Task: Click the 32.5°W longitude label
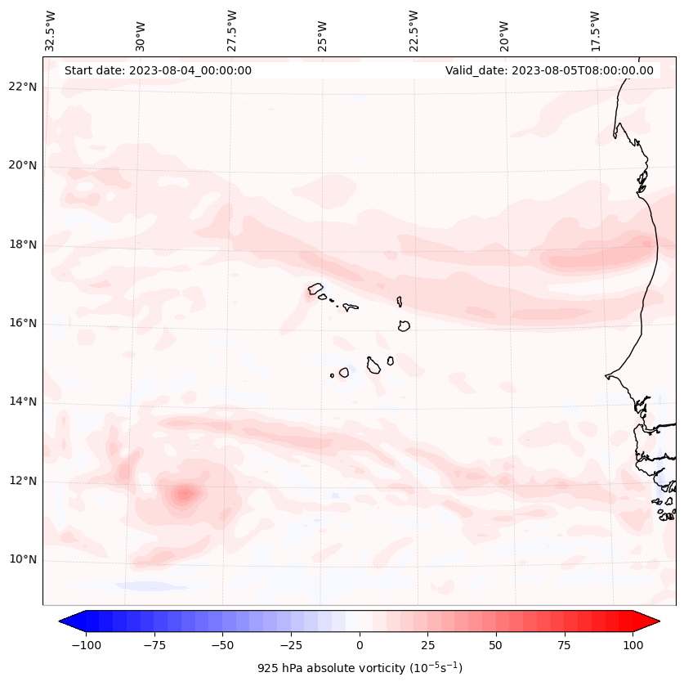click(x=51, y=30)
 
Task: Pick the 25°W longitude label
click(x=323, y=32)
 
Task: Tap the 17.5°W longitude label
click(x=594, y=30)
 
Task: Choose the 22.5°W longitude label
click(x=414, y=30)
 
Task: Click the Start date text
click(x=158, y=70)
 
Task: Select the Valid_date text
click(x=549, y=70)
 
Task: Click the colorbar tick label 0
click(x=359, y=645)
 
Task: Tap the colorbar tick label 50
click(x=495, y=645)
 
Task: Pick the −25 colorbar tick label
click(x=290, y=645)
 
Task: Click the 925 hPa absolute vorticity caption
click(x=360, y=668)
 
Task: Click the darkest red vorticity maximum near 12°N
click(x=185, y=493)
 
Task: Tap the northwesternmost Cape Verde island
click(x=315, y=289)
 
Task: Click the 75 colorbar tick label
click(x=564, y=645)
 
